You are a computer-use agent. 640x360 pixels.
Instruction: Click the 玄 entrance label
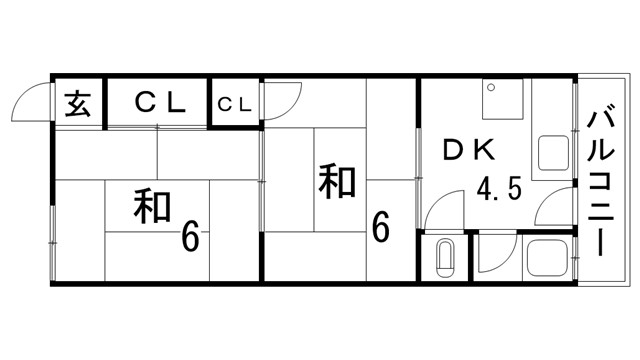(x=77, y=103)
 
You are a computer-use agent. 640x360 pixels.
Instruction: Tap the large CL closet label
(x=161, y=102)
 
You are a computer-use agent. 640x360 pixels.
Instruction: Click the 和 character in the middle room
(x=339, y=181)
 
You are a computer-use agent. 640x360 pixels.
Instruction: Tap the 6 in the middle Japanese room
(x=380, y=227)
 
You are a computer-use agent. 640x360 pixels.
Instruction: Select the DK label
(x=470, y=151)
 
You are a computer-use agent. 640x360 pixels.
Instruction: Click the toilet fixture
(x=445, y=260)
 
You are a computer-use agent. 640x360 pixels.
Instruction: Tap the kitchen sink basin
(x=553, y=156)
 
